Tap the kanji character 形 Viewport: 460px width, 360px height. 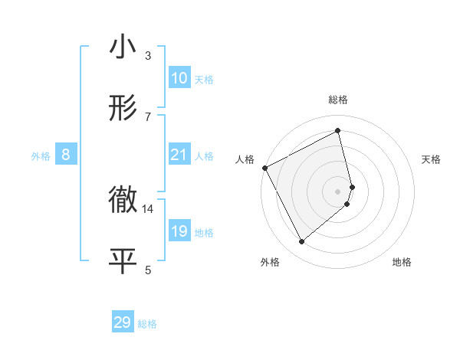coord(123,108)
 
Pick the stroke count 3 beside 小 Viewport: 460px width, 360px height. coord(148,55)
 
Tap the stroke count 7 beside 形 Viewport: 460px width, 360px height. coord(148,116)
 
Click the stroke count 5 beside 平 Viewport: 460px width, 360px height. coord(148,269)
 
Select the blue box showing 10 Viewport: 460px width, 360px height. coord(179,78)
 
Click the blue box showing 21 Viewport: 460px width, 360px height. coord(179,155)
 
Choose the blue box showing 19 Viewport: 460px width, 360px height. coord(179,231)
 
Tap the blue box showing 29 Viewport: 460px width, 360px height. coord(123,322)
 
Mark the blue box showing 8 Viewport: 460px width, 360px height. coord(66,155)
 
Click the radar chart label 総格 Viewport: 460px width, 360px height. coord(338,100)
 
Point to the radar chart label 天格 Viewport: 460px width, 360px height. coord(432,159)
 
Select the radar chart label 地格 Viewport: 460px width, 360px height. coord(402,262)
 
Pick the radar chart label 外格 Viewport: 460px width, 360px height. coord(270,262)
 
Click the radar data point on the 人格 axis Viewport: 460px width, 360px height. coord(264,167)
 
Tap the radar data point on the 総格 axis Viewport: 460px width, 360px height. coord(338,130)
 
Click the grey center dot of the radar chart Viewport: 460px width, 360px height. coord(338,191)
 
